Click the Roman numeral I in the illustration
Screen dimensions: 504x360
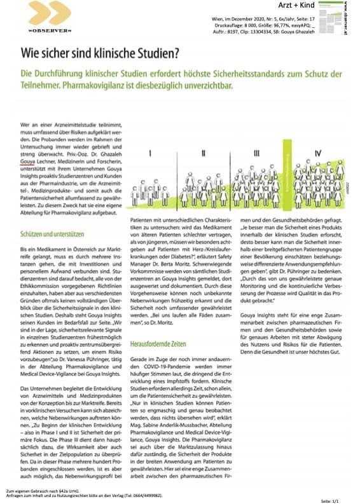pos(148,153)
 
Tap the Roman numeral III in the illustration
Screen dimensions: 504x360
pos(256,153)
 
